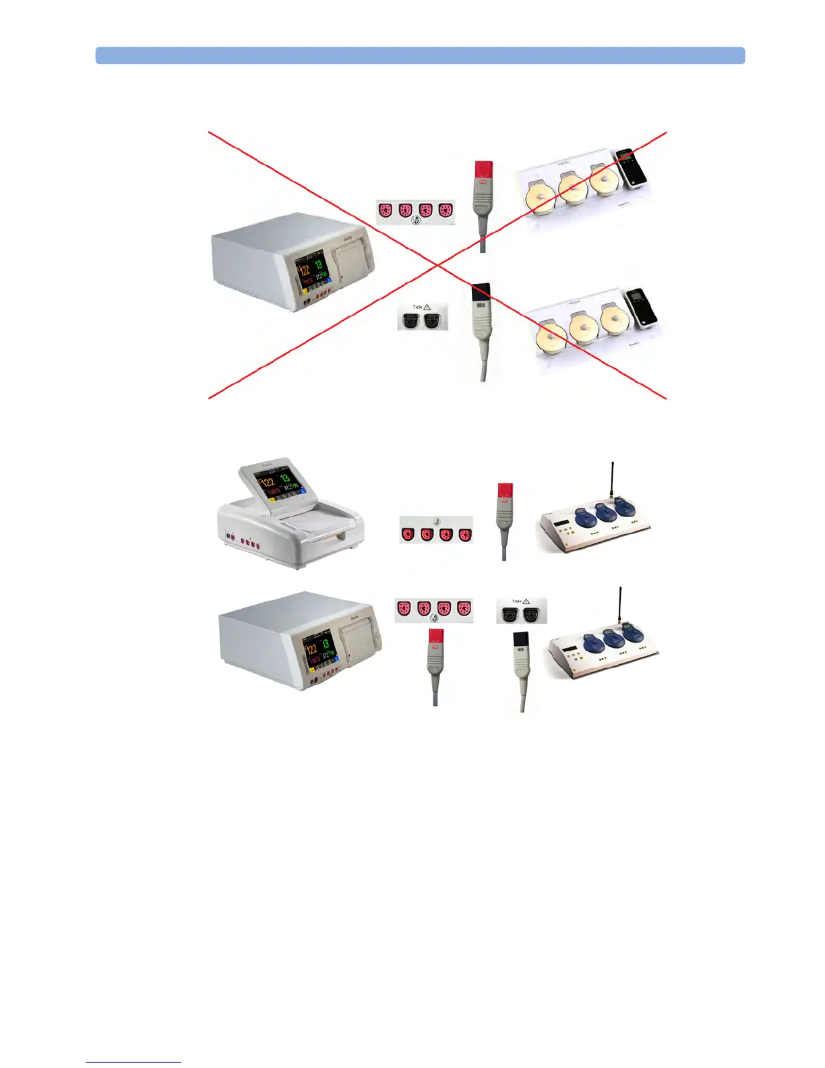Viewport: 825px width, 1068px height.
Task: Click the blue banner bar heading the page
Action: [x=420, y=55]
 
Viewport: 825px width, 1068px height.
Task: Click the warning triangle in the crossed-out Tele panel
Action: [x=427, y=307]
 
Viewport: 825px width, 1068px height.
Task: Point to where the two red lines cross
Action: [x=437, y=265]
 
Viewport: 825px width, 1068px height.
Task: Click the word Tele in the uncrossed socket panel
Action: [x=516, y=601]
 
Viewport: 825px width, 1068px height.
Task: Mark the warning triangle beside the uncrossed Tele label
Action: [x=526, y=601]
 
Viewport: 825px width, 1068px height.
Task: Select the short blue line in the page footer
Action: [x=133, y=1062]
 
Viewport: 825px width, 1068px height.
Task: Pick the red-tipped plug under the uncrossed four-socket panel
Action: [x=436, y=638]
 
